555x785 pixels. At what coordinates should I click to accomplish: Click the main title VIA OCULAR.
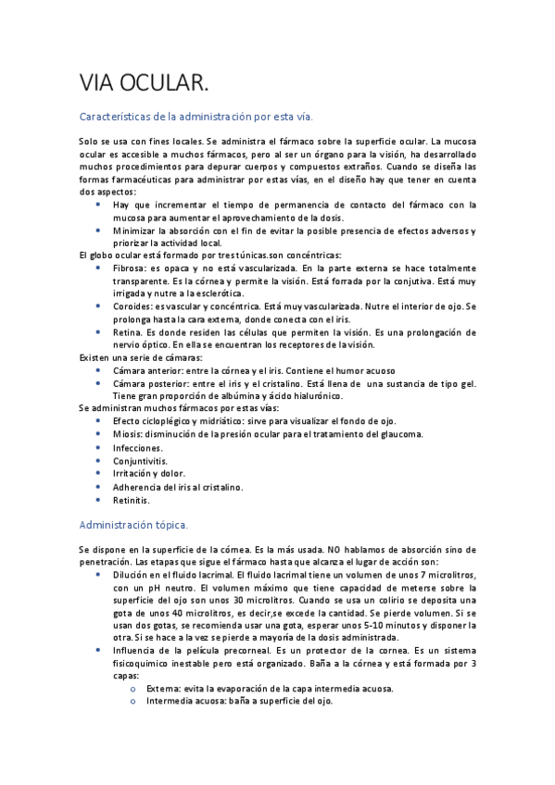coord(144,84)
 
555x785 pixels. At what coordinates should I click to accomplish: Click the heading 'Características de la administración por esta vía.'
coord(196,118)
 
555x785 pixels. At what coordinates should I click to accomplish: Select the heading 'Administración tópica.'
coord(134,525)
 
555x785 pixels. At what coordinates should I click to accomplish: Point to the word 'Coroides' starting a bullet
coord(133,305)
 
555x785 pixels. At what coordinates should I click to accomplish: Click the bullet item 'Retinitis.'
coord(132,500)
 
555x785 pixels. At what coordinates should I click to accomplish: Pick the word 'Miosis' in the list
coord(128,434)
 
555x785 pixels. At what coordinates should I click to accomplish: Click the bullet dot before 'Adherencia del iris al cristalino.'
coord(98,486)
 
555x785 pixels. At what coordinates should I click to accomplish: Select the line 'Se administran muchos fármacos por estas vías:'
coord(176,408)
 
